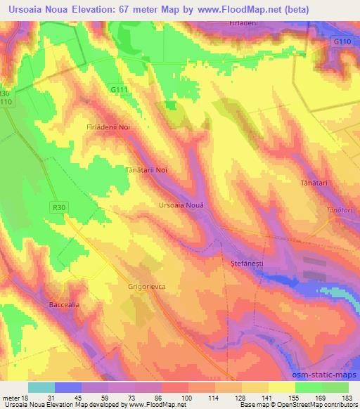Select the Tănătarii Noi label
(146, 170)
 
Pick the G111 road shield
(120, 90)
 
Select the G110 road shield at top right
(342, 42)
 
